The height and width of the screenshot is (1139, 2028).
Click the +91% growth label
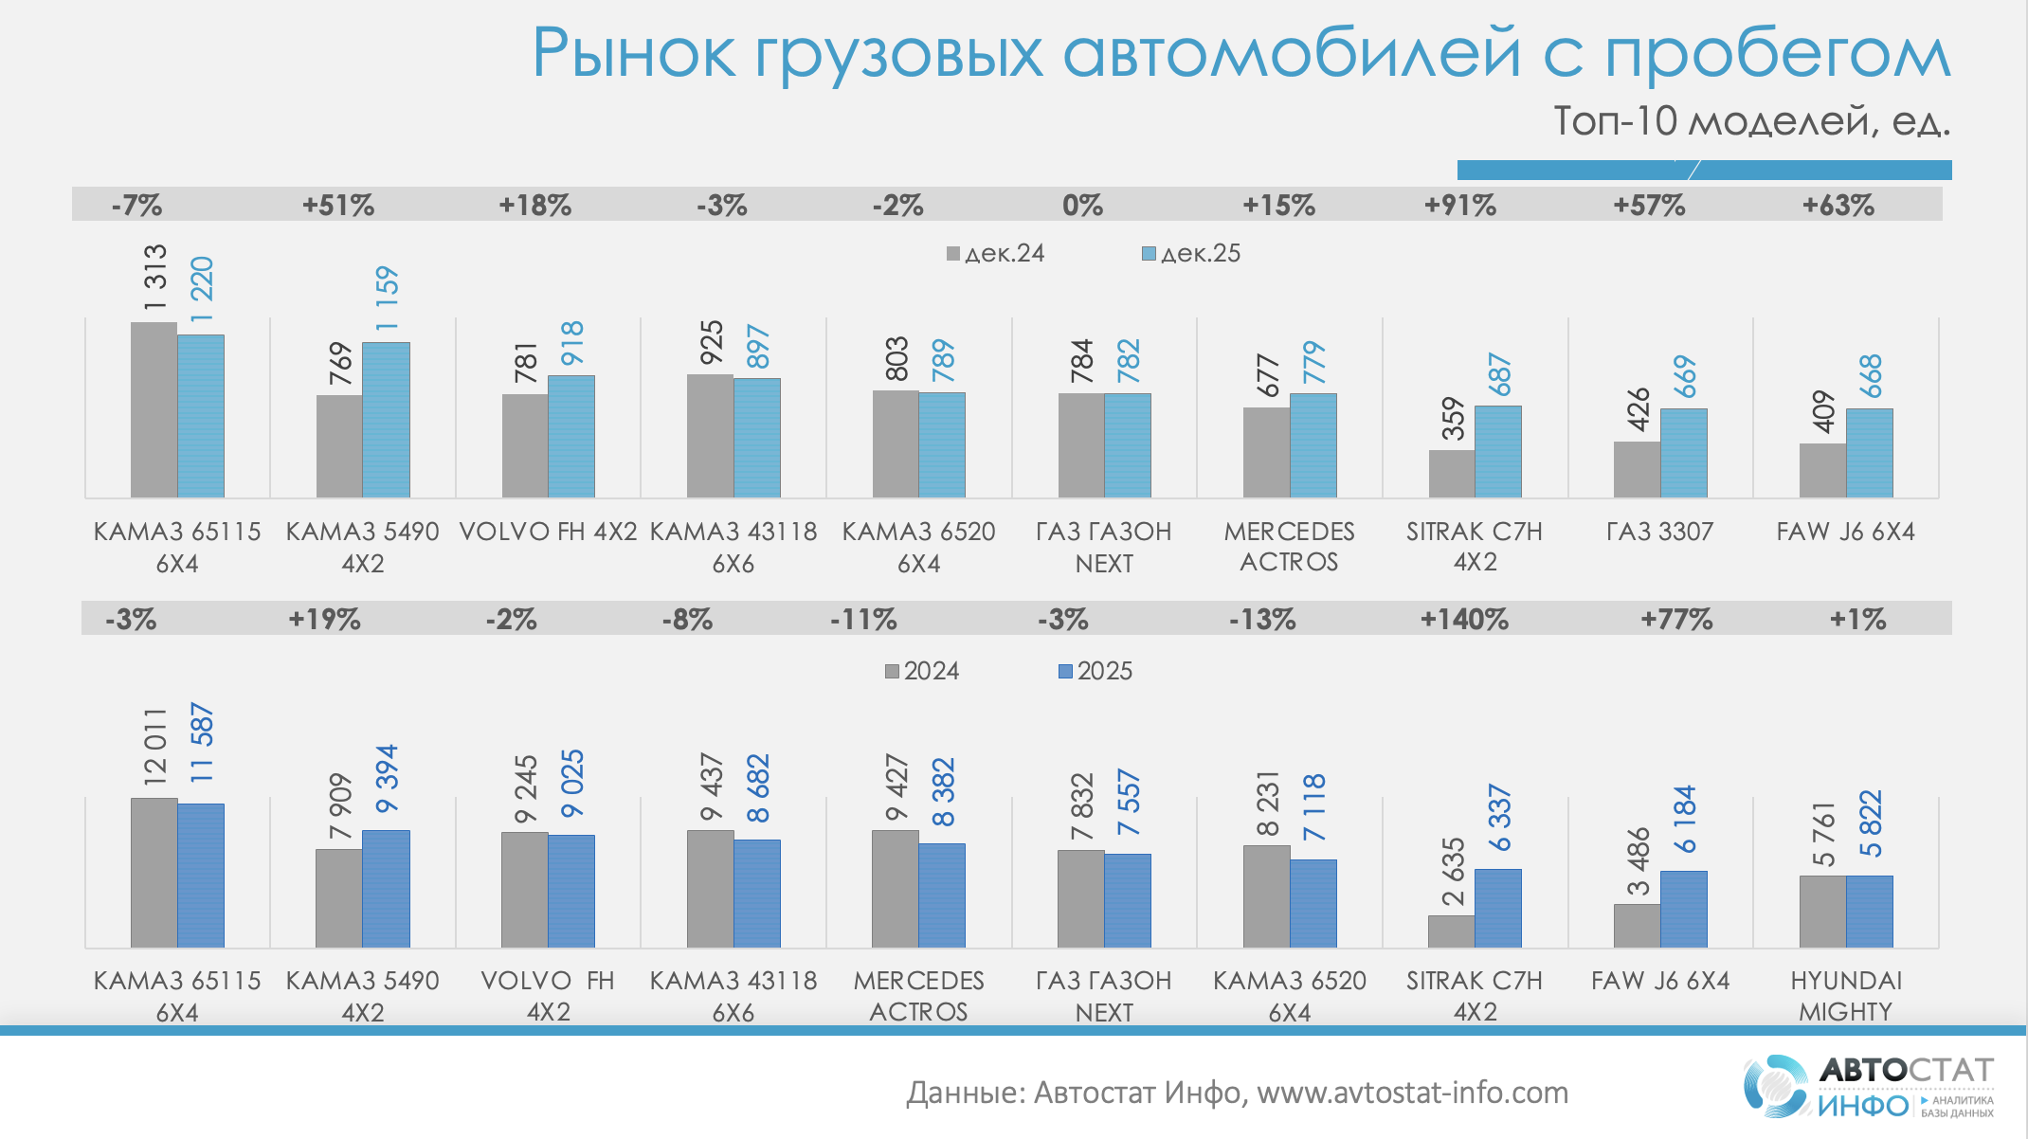click(1460, 205)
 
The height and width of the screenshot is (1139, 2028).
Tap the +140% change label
click(1464, 620)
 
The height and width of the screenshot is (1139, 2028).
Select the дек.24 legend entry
click(995, 253)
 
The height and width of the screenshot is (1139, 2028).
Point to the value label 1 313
click(154, 278)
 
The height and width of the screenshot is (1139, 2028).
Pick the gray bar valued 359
click(1452, 474)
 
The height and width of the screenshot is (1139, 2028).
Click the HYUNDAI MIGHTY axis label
click(1845, 996)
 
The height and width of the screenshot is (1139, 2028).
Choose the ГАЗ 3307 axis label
click(1660, 532)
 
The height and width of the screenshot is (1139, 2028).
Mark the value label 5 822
click(1870, 823)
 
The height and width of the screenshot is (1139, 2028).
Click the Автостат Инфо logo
click(1868, 1086)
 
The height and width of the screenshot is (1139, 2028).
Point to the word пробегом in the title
click(1777, 53)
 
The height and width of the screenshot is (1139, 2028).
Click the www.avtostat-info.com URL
click(1412, 1093)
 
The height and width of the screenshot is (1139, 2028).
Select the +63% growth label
click(1838, 205)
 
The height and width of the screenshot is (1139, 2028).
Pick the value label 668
click(1870, 376)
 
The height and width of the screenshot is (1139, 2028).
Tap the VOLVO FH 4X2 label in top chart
click(548, 532)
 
